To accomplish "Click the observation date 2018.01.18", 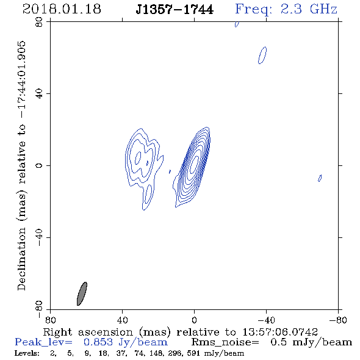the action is (62, 9).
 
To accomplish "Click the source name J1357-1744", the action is (175, 9).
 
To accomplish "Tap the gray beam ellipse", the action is (82, 293).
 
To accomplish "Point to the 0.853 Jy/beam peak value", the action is (125, 342).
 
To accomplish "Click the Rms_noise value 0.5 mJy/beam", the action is (311, 342).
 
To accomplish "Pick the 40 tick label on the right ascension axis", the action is (122, 320).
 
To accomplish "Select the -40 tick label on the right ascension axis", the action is (266, 320).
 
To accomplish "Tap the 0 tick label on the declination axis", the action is (39, 165).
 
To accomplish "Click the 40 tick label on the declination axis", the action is (39, 94).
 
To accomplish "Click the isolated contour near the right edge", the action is (320, 178).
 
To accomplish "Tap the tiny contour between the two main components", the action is (170, 171).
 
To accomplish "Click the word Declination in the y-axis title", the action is (21, 259).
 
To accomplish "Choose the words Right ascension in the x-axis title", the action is (88, 332).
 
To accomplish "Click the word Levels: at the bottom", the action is (27, 353).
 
